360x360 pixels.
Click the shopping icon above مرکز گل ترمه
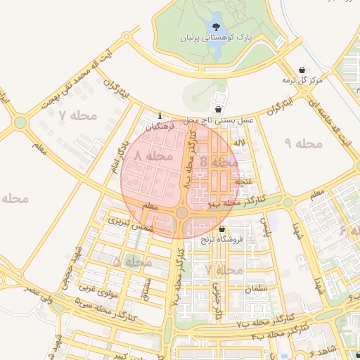[302, 70]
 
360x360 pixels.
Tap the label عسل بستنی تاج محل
[219, 121]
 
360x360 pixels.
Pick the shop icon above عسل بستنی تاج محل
[219, 110]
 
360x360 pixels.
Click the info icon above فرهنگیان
[160, 116]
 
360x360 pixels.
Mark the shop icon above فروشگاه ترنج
[222, 229]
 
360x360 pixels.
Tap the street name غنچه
[243, 181]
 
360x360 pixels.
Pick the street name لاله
[240, 143]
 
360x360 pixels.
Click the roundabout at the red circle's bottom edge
[182, 212]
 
